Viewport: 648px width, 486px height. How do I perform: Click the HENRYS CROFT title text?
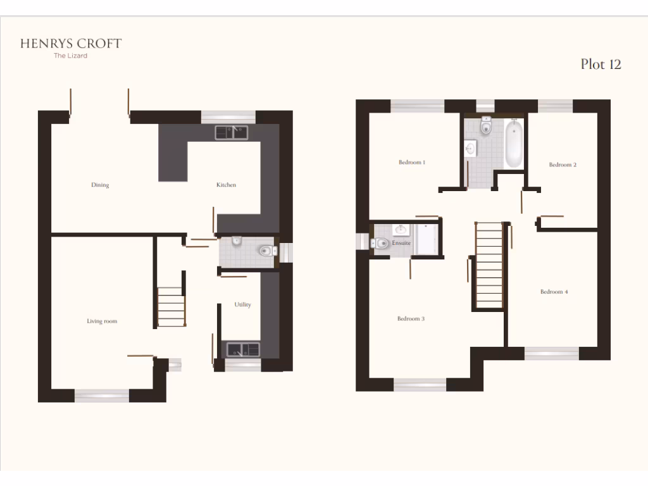pyautogui.click(x=71, y=44)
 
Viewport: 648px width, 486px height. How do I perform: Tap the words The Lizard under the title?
pyautogui.click(x=71, y=56)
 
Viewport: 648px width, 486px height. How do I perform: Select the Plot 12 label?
pyautogui.click(x=601, y=64)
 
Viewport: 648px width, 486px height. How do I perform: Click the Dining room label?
pyautogui.click(x=100, y=185)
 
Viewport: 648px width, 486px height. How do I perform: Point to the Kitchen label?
pyautogui.click(x=226, y=185)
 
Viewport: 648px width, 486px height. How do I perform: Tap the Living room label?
pyautogui.click(x=102, y=321)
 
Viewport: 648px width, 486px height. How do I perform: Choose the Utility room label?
pyautogui.click(x=242, y=305)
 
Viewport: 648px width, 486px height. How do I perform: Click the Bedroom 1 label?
pyautogui.click(x=411, y=163)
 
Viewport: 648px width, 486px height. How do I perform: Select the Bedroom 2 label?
pyautogui.click(x=563, y=165)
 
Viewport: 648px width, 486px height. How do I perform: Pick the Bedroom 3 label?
pyautogui.click(x=411, y=319)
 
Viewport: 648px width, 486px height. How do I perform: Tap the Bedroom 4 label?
pyautogui.click(x=554, y=292)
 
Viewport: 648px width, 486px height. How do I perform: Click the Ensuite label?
pyautogui.click(x=401, y=243)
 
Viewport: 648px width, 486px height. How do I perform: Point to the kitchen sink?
pyautogui.click(x=232, y=132)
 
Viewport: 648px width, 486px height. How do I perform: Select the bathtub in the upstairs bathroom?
pyautogui.click(x=513, y=144)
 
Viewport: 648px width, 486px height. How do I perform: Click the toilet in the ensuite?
pyautogui.click(x=381, y=243)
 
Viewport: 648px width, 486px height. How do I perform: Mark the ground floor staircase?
pyautogui.click(x=171, y=306)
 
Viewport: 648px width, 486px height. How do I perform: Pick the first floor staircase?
pyautogui.click(x=489, y=266)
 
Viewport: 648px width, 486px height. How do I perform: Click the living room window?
pyautogui.click(x=102, y=396)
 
